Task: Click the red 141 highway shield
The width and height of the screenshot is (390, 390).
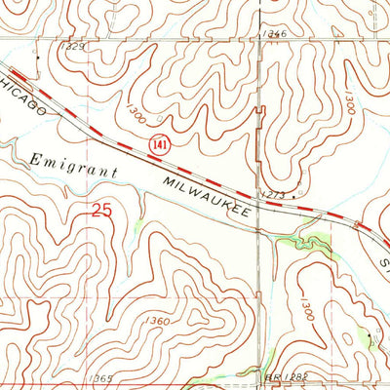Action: tap(156, 143)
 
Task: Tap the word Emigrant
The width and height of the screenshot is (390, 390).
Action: tap(74, 164)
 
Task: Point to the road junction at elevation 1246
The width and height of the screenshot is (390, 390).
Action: tap(261, 42)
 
